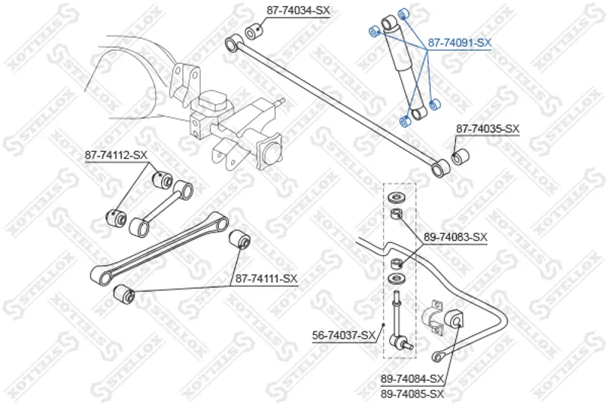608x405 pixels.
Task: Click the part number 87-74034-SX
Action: coord(298,11)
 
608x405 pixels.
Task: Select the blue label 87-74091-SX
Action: coord(460,43)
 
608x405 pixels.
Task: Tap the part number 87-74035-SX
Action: coord(487,128)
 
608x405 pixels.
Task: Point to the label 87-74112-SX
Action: coord(116,155)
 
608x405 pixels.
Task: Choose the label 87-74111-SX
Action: coord(267,278)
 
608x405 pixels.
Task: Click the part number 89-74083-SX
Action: coord(455,237)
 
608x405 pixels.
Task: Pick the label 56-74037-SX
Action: coord(344,335)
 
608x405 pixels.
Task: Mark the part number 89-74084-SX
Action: coord(412,378)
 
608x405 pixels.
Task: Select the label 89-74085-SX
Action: coord(412,394)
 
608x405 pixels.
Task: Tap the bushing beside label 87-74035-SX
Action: coord(461,157)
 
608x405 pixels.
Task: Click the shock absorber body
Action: coord(404,67)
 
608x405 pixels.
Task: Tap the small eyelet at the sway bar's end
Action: coord(438,356)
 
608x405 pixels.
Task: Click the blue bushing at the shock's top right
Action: coord(404,14)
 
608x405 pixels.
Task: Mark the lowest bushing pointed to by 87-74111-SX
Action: coord(124,295)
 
